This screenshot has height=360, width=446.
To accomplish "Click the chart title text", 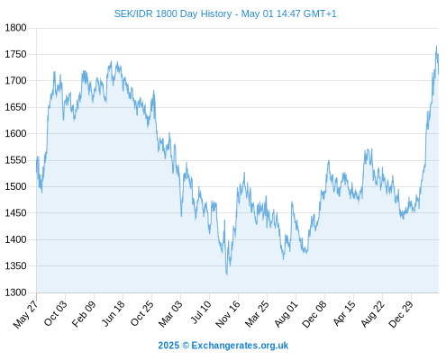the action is [x=225, y=13].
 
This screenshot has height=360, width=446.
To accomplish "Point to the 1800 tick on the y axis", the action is [x=15, y=28].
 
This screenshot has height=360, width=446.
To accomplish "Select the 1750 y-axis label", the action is [x=15, y=54].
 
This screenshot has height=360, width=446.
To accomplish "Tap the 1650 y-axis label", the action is [x=15, y=107].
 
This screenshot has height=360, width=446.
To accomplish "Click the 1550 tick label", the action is [x=15, y=160].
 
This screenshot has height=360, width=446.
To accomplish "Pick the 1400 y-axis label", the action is [x=15, y=239].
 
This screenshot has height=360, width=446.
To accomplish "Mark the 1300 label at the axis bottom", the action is [x=15, y=292].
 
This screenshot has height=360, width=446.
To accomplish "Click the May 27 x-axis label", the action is [x=26, y=314].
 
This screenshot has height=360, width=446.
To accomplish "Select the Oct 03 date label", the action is [x=56, y=313].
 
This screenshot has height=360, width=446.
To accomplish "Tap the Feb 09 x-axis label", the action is [x=84, y=313].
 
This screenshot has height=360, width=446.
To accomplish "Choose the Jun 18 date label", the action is [x=114, y=313].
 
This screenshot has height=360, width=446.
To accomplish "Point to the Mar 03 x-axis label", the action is [x=170, y=313].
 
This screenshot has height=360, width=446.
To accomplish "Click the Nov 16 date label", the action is [x=228, y=314].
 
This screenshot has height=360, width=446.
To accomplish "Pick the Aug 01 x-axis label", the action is [x=287, y=313].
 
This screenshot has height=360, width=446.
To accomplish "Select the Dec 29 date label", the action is [x=401, y=314].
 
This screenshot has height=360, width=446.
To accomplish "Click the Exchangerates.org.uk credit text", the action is [x=240, y=346].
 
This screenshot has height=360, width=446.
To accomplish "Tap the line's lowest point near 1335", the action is [x=227, y=274].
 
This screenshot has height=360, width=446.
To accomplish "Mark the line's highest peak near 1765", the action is [x=436, y=46].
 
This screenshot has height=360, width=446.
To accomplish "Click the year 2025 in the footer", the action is [x=168, y=346].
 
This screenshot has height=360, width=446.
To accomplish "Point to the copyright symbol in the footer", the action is [x=186, y=346].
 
